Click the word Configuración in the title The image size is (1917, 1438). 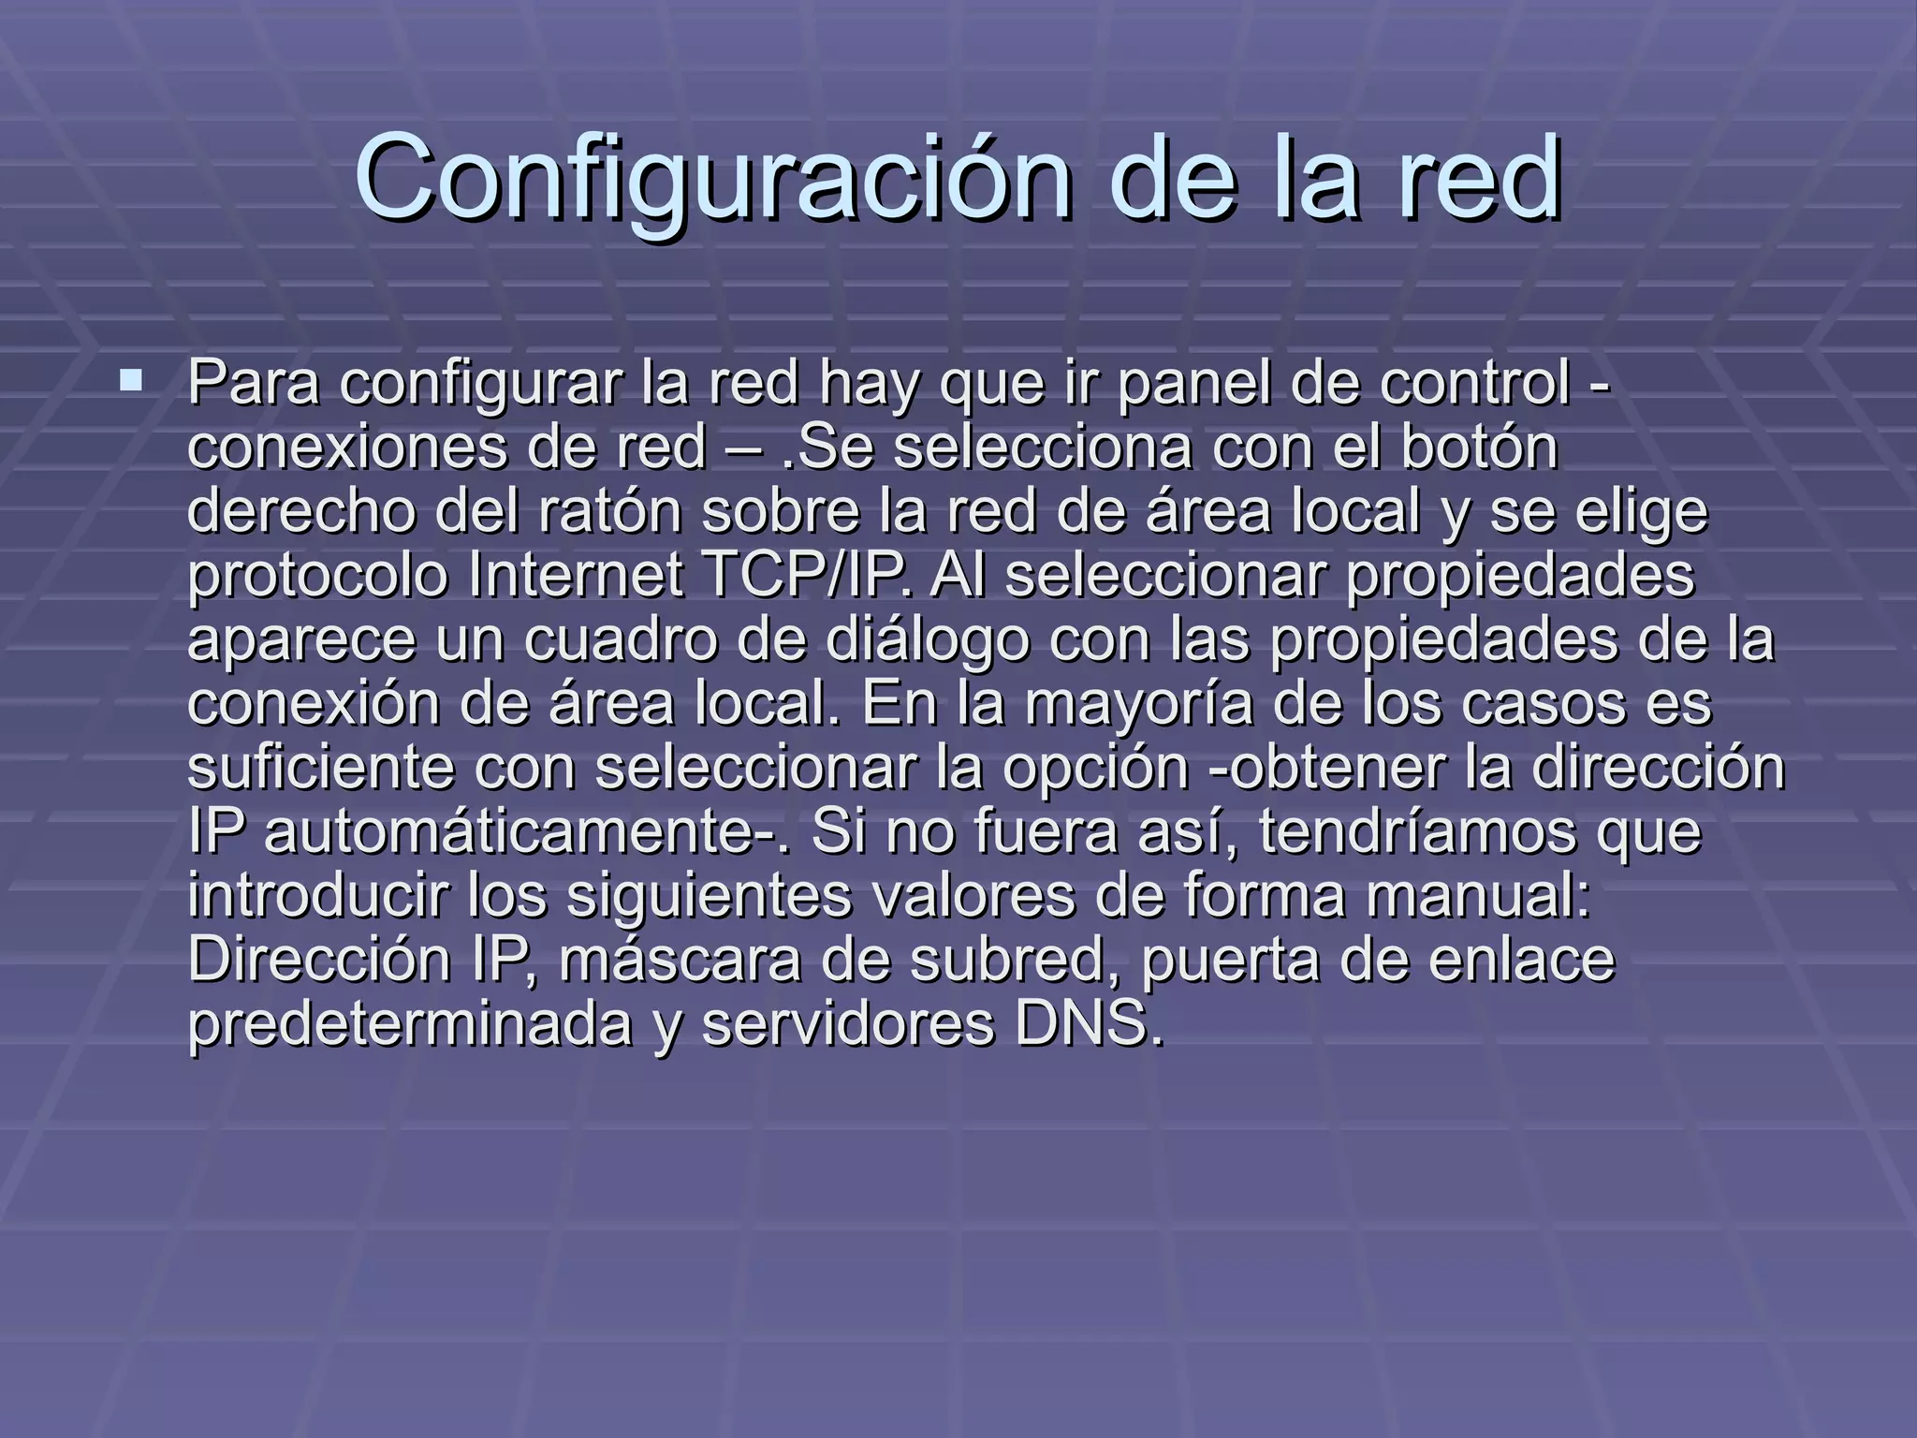click(x=712, y=178)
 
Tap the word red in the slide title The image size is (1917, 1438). click(x=1480, y=178)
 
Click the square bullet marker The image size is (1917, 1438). click(x=131, y=381)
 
